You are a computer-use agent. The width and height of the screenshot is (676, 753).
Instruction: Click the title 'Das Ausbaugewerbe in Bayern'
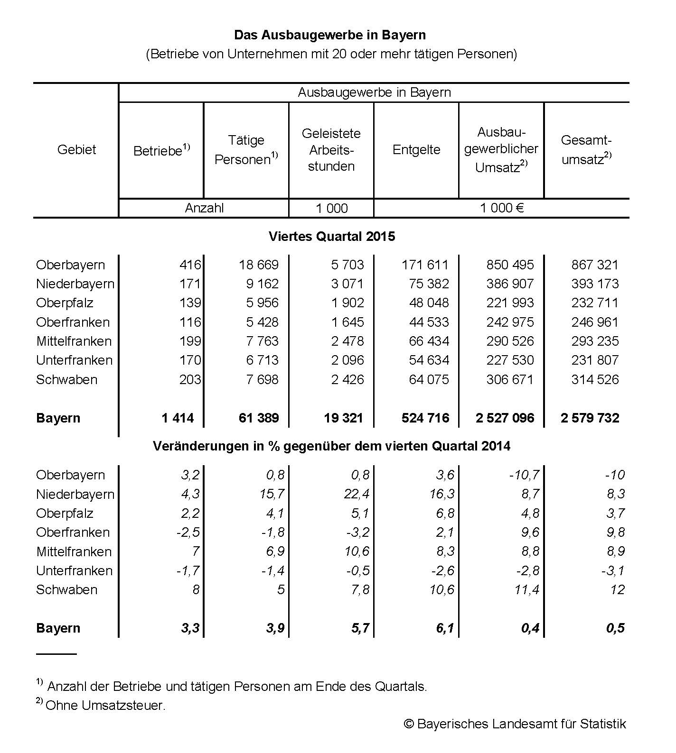click(x=330, y=35)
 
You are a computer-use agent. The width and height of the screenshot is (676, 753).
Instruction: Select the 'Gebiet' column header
click(x=76, y=150)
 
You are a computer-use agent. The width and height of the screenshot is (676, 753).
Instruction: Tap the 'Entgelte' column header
click(x=416, y=150)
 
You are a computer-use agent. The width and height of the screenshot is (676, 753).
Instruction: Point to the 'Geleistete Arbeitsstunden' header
click(x=331, y=150)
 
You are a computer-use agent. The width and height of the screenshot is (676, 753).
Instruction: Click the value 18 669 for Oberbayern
click(x=259, y=265)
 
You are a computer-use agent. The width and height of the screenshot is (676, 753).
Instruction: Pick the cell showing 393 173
click(x=595, y=284)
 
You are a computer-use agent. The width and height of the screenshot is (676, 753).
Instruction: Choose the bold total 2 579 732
click(x=590, y=418)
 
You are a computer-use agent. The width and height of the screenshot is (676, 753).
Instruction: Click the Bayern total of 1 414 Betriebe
click(x=178, y=418)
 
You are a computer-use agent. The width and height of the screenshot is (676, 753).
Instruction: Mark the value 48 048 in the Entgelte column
click(x=429, y=303)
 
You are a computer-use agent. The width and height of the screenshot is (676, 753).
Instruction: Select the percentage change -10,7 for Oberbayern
click(x=524, y=475)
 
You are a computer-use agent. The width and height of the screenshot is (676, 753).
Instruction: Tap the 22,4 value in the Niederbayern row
click(x=356, y=495)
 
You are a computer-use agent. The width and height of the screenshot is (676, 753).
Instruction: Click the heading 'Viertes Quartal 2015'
click(x=331, y=237)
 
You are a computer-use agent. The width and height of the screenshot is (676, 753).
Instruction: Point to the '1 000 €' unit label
click(x=502, y=208)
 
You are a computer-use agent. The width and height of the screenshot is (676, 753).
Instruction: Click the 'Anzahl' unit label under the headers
click(x=204, y=208)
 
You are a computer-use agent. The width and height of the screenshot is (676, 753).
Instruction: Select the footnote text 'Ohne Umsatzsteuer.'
click(x=105, y=706)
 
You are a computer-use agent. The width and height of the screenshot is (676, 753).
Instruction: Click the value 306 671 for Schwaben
click(x=510, y=380)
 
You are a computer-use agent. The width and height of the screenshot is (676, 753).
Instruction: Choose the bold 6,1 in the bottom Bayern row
click(x=445, y=628)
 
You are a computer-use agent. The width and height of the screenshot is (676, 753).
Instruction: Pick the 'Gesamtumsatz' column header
click(x=586, y=150)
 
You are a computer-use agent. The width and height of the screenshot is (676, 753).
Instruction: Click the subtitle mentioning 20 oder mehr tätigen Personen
click(x=331, y=54)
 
